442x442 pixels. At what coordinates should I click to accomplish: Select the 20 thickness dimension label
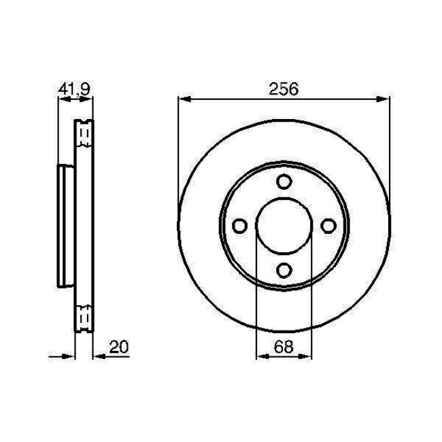tap(118, 346)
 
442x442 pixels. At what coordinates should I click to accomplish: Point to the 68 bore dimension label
tap(284, 346)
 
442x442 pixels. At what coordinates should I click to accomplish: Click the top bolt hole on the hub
tap(284, 182)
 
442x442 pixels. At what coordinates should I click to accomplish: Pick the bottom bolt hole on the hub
tap(284, 271)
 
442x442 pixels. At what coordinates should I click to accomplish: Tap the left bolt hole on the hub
tap(239, 226)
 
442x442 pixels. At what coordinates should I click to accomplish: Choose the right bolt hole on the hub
tap(329, 226)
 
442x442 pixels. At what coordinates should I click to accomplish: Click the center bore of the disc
tap(284, 226)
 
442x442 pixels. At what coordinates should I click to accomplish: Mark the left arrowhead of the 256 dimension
tap(183, 100)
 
